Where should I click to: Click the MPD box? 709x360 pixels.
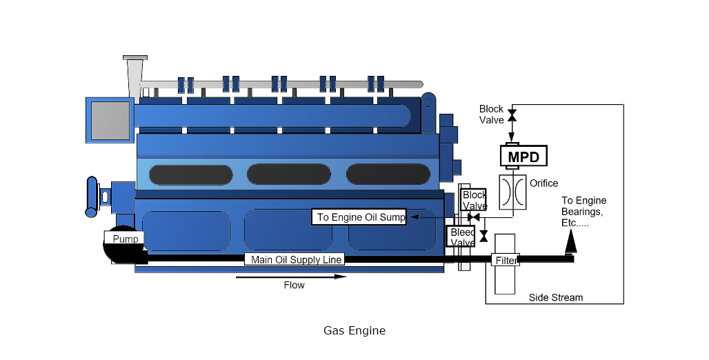(523, 157)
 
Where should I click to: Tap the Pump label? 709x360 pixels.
(125, 239)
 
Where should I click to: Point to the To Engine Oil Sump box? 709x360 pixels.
(361, 217)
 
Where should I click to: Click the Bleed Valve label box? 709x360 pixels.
(461, 237)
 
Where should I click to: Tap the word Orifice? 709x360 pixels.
(543, 183)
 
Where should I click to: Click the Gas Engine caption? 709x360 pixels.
(354, 330)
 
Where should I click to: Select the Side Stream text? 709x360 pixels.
(555, 298)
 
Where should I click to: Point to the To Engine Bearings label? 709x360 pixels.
(583, 212)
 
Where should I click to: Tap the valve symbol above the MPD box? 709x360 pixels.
(512, 115)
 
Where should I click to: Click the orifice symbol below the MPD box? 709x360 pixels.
(512, 192)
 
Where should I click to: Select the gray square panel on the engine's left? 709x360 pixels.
(110, 120)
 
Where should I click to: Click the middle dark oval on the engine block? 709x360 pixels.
(288, 174)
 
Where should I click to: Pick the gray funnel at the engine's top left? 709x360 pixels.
(134, 74)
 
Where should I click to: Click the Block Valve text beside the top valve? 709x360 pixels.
(492, 114)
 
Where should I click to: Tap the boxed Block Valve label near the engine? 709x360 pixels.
(475, 200)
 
